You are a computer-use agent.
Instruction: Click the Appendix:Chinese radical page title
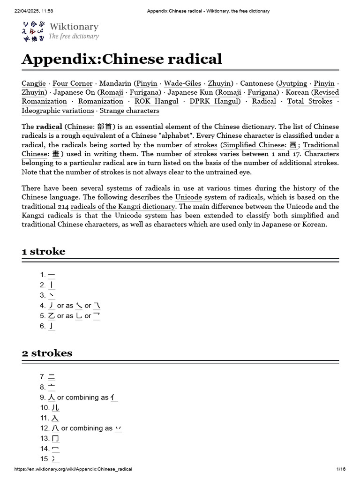click(121, 59)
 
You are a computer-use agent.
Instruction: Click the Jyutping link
click(293, 83)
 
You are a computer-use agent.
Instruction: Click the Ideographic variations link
click(58, 111)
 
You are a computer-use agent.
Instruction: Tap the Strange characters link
click(129, 111)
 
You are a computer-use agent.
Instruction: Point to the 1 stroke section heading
click(44, 252)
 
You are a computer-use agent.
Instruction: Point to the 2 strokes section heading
click(47, 353)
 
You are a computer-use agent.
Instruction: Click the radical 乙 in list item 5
click(52, 316)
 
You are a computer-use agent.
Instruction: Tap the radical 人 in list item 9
click(52, 397)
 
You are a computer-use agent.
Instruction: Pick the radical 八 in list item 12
click(55, 428)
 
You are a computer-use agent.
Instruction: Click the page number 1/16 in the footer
click(341, 469)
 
